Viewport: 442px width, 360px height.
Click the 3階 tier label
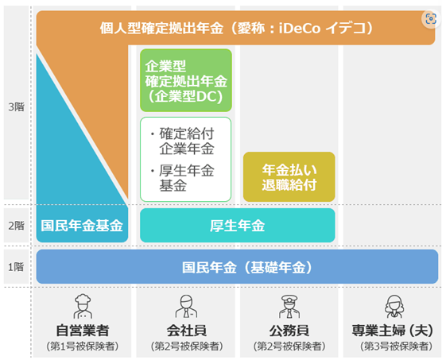(16, 107)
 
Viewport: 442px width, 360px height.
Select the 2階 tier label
(16, 226)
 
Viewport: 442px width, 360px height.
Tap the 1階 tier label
(16, 267)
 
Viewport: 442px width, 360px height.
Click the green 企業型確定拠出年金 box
(186, 80)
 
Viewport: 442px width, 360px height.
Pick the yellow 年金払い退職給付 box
(289, 177)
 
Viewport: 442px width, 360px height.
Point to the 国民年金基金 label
(82, 226)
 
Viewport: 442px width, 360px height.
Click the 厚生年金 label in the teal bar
(238, 226)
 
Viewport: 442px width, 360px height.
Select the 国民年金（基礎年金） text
(247, 267)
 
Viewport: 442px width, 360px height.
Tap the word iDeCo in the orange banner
(300, 28)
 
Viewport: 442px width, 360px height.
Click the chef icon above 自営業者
(83, 306)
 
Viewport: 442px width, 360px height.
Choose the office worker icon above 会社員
(186, 306)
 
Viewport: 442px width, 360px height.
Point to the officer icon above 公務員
(289, 306)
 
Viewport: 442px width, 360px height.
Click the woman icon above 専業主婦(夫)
(394, 306)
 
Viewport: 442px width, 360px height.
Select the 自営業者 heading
(83, 330)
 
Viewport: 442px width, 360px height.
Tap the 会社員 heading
(187, 330)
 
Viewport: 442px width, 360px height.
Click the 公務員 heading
(289, 330)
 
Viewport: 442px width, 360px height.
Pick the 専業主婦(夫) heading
(393, 330)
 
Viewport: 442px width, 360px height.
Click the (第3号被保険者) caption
(396, 346)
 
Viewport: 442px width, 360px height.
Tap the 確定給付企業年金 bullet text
(183, 141)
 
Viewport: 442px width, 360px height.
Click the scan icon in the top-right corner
(431, 19)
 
